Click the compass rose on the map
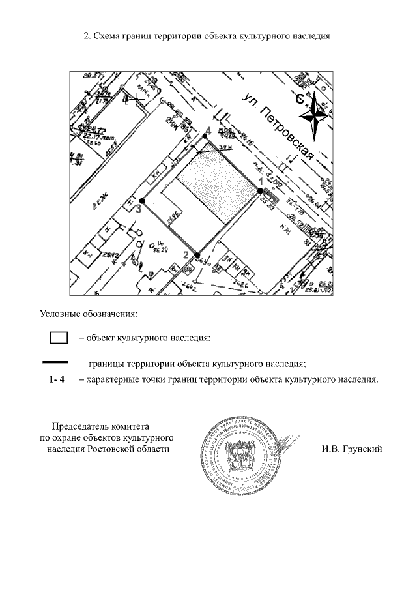313,115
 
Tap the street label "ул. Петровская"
278,126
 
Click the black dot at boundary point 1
260,190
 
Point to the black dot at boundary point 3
141,200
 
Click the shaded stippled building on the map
215,186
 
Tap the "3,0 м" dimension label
224,149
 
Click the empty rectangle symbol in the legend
59,338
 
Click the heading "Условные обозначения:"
89,313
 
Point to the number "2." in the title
87,37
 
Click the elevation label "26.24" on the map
159,248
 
